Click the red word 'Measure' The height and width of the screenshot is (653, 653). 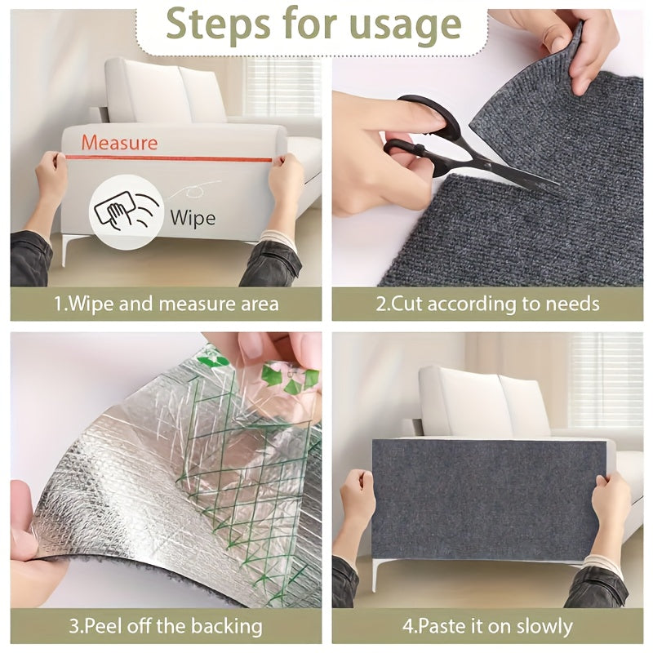[119, 143]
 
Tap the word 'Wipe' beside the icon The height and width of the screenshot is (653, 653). [193, 217]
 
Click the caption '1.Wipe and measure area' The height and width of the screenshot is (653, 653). [166, 304]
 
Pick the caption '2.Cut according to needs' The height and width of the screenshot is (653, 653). [487, 304]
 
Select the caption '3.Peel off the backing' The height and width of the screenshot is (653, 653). [166, 627]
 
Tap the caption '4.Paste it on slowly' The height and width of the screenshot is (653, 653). [487, 627]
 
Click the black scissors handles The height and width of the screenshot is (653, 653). [416, 131]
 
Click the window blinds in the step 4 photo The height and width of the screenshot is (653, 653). [604, 367]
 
